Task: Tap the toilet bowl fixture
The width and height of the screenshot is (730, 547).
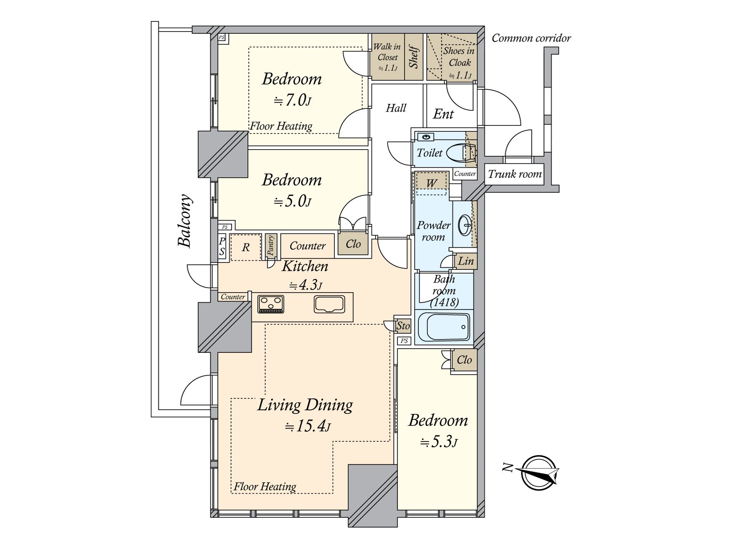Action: coord(461,154)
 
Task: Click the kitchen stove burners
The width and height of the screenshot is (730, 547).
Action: coord(271,304)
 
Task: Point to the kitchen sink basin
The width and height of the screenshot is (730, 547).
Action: coord(329,304)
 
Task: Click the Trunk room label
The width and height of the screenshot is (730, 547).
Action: coord(515,174)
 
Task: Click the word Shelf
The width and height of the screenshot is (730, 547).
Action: coord(414,57)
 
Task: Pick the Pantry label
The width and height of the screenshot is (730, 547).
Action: coord(271,245)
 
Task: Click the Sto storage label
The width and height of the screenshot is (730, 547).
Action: coord(403,326)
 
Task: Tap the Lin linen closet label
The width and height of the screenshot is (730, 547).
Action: coord(466,261)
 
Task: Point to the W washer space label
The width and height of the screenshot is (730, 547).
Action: coord(431,183)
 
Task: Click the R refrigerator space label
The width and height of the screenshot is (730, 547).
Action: coord(246,248)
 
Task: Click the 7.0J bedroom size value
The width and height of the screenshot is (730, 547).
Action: coord(292,100)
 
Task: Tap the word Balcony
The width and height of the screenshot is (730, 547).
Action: coord(185,221)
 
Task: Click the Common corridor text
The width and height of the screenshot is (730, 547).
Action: coord(531,38)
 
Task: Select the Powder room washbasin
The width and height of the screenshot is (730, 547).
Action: coord(464,225)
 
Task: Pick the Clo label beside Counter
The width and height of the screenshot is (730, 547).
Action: coord(353,244)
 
